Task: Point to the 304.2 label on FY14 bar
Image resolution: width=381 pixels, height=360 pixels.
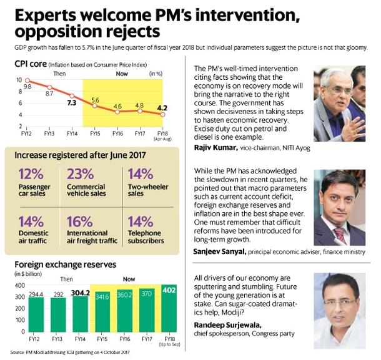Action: (x=78, y=291)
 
